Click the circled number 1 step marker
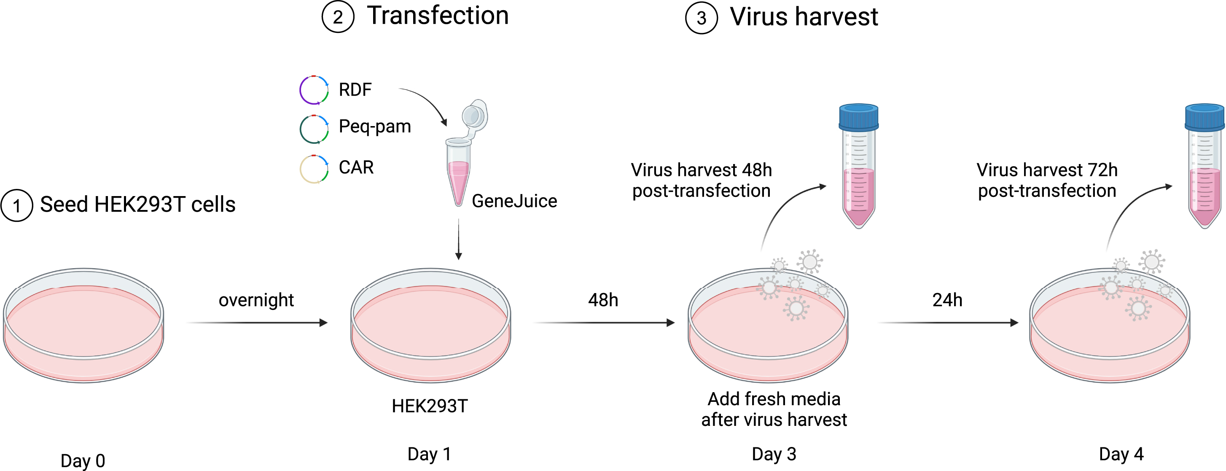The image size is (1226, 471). (17, 206)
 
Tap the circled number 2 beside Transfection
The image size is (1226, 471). (338, 17)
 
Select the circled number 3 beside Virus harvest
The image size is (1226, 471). (701, 18)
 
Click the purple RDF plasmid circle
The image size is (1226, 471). (314, 89)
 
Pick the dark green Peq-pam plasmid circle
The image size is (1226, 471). (314, 129)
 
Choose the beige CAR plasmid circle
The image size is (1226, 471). (314, 169)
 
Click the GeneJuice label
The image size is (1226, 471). (514, 201)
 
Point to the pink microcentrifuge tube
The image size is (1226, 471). (459, 176)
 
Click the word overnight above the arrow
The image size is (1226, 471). (256, 300)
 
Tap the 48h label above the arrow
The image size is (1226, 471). (603, 300)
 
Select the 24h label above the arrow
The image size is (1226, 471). (947, 300)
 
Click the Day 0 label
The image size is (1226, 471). (83, 460)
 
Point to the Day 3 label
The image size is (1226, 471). (774, 454)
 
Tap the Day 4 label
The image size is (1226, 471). (1121, 454)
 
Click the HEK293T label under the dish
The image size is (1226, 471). (430, 406)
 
